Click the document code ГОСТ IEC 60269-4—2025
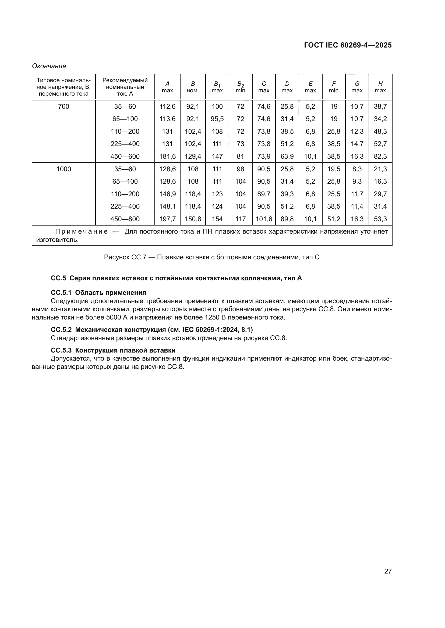pos(348,45)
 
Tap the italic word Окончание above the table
pos(49,66)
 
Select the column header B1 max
pos(217,87)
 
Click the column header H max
pos(380,87)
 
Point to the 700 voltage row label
pos(63,107)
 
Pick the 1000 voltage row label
pos(63,169)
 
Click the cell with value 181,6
pos(167,157)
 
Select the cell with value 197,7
pos(167,219)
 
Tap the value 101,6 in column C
pos(264,219)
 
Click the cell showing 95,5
pos(217,119)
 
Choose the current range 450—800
pos(125,219)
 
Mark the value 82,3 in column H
pos(380,157)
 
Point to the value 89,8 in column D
pos(287,219)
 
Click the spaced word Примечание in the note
pos(81,232)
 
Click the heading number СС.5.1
pos(61,293)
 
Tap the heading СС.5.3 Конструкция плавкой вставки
pos(113,350)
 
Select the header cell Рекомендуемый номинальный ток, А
pos(125,87)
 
